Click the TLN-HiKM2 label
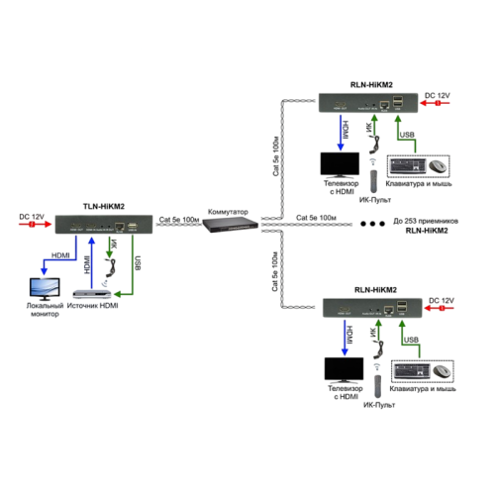[x=103, y=206]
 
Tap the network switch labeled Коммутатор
[x=227, y=226]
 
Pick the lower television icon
[x=341, y=369]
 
